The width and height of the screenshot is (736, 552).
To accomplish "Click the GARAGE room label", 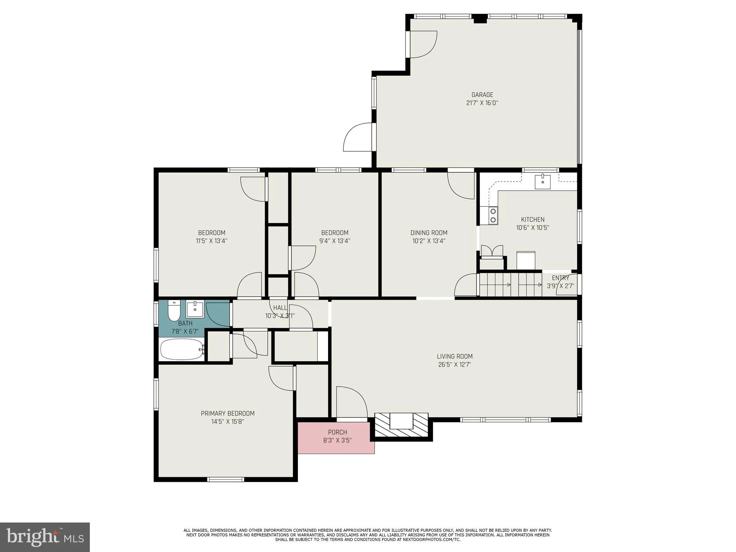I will pyautogui.click(x=482, y=95).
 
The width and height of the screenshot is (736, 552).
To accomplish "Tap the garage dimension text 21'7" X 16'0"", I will pyautogui.click(x=482, y=103).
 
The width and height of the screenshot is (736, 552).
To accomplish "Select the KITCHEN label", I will pyautogui.click(x=533, y=220).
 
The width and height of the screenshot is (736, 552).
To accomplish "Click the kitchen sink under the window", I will pyautogui.click(x=543, y=181).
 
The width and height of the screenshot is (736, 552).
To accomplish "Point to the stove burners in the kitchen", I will pyautogui.click(x=493, y=216).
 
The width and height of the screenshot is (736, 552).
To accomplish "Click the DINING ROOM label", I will pyautogui.click(x=429, y=233).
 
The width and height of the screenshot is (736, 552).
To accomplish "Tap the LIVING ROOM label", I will pyautogui.click(x=455, y=356).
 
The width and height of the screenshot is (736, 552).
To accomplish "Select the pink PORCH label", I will pyautogui.click(x=337, y=432).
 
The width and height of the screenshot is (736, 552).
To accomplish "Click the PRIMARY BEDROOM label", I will pyautogui.click(x=227, y=414).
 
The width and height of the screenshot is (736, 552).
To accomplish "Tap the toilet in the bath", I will pyautogui.click(x=174, y=311).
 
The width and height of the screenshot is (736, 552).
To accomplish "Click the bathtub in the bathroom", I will pyautogui.click(x=182, y=349).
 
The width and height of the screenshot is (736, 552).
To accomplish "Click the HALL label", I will pyautogui.click(x=280, y=308).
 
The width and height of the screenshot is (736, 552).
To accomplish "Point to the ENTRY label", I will pyautogui.click(x=560, y=278).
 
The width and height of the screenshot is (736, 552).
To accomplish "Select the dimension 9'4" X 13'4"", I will pyautogui.click(x=335, y=241).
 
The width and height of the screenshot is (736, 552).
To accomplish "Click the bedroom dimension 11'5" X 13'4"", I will pyautogui.click(x=212, y=241).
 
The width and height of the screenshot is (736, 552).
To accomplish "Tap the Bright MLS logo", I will pyautogui.click(x=45, y=537).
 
